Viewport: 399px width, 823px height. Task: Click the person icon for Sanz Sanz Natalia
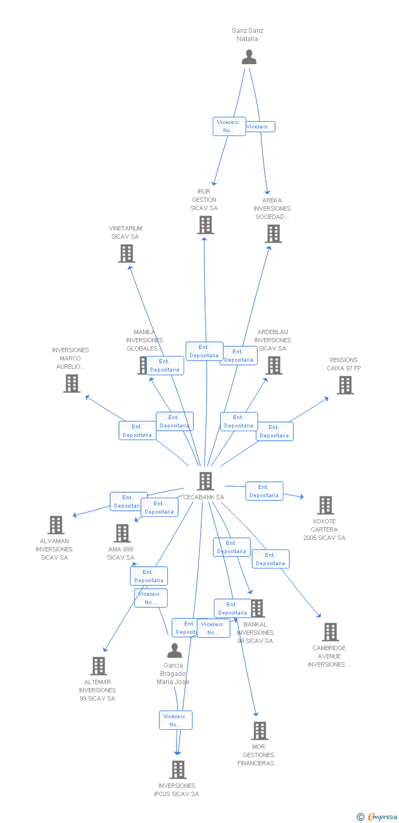coord(249,57)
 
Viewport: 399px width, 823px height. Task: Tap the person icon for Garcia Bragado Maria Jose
coord(174,651)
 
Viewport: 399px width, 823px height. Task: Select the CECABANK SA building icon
coord(206,481)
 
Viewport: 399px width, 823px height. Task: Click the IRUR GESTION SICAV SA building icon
coord(206,225)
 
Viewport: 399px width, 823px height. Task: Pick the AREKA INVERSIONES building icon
coord(273,234)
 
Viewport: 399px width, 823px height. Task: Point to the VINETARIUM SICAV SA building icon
coord(127,253)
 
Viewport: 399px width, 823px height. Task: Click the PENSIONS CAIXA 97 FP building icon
coord(345,385)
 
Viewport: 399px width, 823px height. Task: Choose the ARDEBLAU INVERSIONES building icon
coord(274,365)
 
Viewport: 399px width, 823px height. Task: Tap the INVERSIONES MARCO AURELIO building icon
coord(72,384)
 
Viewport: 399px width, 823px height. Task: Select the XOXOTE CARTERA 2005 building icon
coord(326,505)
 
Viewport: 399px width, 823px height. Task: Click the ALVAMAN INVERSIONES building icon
coord(56,525)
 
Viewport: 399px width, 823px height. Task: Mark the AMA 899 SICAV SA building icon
coord(122,533)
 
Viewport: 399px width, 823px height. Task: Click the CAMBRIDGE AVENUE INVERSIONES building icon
coord(330,632)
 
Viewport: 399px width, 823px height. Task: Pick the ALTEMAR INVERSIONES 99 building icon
coord(99,666)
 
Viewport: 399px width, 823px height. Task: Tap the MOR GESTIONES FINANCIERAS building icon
coord(260,731)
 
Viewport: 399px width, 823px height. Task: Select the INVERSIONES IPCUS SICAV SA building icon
coord(178,770)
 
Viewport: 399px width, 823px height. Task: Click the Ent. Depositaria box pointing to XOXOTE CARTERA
coord(264,491)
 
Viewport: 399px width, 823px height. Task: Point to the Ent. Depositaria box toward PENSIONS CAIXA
coord(275,431)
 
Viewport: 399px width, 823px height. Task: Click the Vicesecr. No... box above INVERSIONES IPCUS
coord(176,720)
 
